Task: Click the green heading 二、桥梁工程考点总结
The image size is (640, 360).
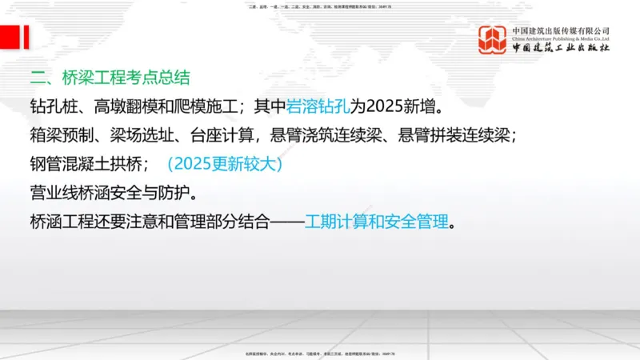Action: (110, 78)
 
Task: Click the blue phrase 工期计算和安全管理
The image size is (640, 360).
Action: (376, 222)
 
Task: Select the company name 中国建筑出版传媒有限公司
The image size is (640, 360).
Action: (561, 30)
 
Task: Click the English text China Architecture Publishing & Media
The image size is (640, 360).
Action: (561, 38)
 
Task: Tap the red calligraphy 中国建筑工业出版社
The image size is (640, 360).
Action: (561, 49)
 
